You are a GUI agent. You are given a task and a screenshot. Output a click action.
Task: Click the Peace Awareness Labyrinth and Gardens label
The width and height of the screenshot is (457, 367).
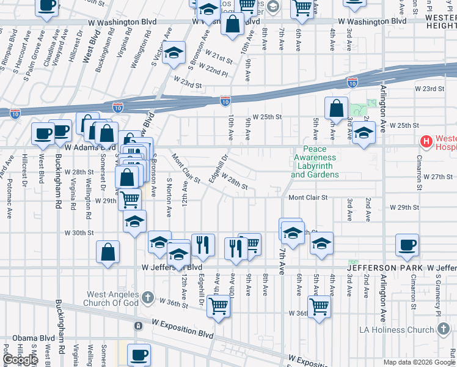[x=315, y=162]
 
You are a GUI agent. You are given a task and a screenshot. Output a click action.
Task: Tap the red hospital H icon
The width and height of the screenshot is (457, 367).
[x=426, y=142]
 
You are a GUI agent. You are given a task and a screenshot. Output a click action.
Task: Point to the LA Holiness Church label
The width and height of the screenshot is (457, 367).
[x=404, y=330]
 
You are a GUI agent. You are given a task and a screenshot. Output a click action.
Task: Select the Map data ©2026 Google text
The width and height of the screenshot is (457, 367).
[x=419, y=362]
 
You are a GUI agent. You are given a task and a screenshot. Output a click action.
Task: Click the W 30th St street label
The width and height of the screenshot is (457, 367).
[x=79, y=232]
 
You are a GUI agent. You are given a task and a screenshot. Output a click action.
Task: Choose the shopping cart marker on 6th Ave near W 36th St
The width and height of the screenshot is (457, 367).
[x=319, y=307]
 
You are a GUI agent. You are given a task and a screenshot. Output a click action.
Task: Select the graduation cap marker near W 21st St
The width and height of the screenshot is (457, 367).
[x=174, y=53]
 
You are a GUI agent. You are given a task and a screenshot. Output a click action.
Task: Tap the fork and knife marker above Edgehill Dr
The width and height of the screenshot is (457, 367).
[x=203, y=245]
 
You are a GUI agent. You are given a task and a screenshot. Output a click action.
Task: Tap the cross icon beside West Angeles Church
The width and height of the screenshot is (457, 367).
[x=147, y=298]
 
